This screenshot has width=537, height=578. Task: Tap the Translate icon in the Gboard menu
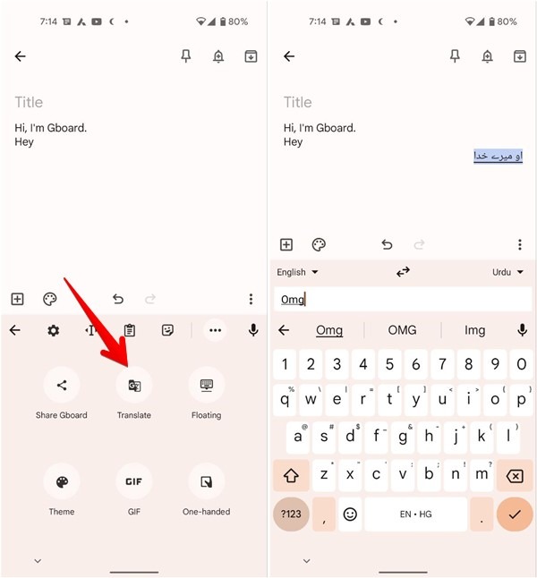133,385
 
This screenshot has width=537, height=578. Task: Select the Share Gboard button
62,385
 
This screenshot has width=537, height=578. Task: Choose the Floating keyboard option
206,385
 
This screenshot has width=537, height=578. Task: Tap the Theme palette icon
62,481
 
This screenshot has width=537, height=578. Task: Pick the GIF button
133,481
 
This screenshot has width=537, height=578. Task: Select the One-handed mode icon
206,481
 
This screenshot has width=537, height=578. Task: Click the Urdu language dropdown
507,272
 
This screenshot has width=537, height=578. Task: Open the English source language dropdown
297,272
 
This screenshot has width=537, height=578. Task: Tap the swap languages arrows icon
403,272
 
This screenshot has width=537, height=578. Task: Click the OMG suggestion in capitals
402,330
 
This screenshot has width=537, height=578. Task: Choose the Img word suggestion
474,330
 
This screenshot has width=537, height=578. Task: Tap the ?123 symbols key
291,514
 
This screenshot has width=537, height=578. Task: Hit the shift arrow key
291,476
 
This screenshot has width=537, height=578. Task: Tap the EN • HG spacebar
415,514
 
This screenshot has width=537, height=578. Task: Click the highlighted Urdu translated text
498,157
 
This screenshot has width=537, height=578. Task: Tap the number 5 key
388,364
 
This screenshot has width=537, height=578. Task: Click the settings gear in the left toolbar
54,330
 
